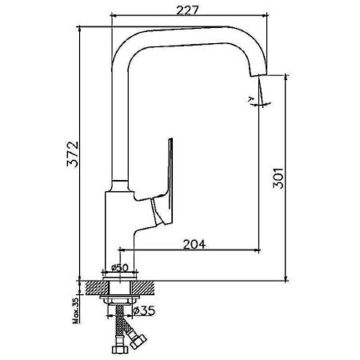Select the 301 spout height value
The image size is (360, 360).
pyautogui.click(x=277, y=178)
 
